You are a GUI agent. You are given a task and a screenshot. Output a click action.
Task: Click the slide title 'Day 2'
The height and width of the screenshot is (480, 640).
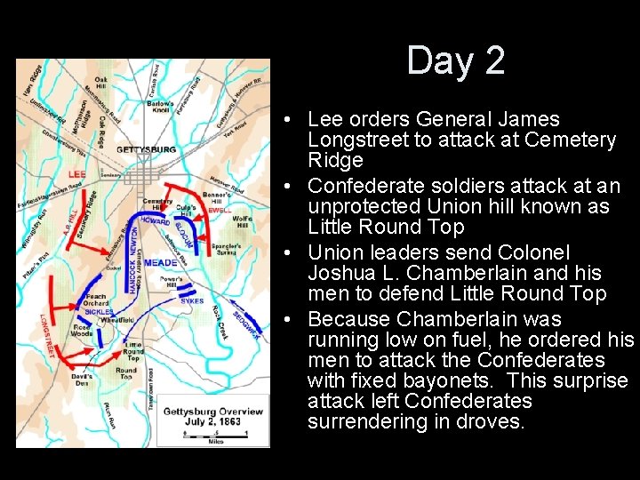tap(456, 61)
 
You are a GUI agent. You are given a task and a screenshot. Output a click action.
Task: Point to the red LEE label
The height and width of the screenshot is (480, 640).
tap(77, 173)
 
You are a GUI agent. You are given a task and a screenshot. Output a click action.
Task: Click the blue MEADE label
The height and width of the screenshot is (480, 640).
tap(160, 263)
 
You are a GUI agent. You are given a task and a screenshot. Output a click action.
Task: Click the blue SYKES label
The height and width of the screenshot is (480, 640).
tap(192, 301)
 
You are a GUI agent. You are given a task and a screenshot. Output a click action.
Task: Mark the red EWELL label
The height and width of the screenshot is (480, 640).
tap(220, 210)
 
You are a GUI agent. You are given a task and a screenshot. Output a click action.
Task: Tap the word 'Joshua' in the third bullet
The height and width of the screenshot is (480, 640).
tap(338, 273)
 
